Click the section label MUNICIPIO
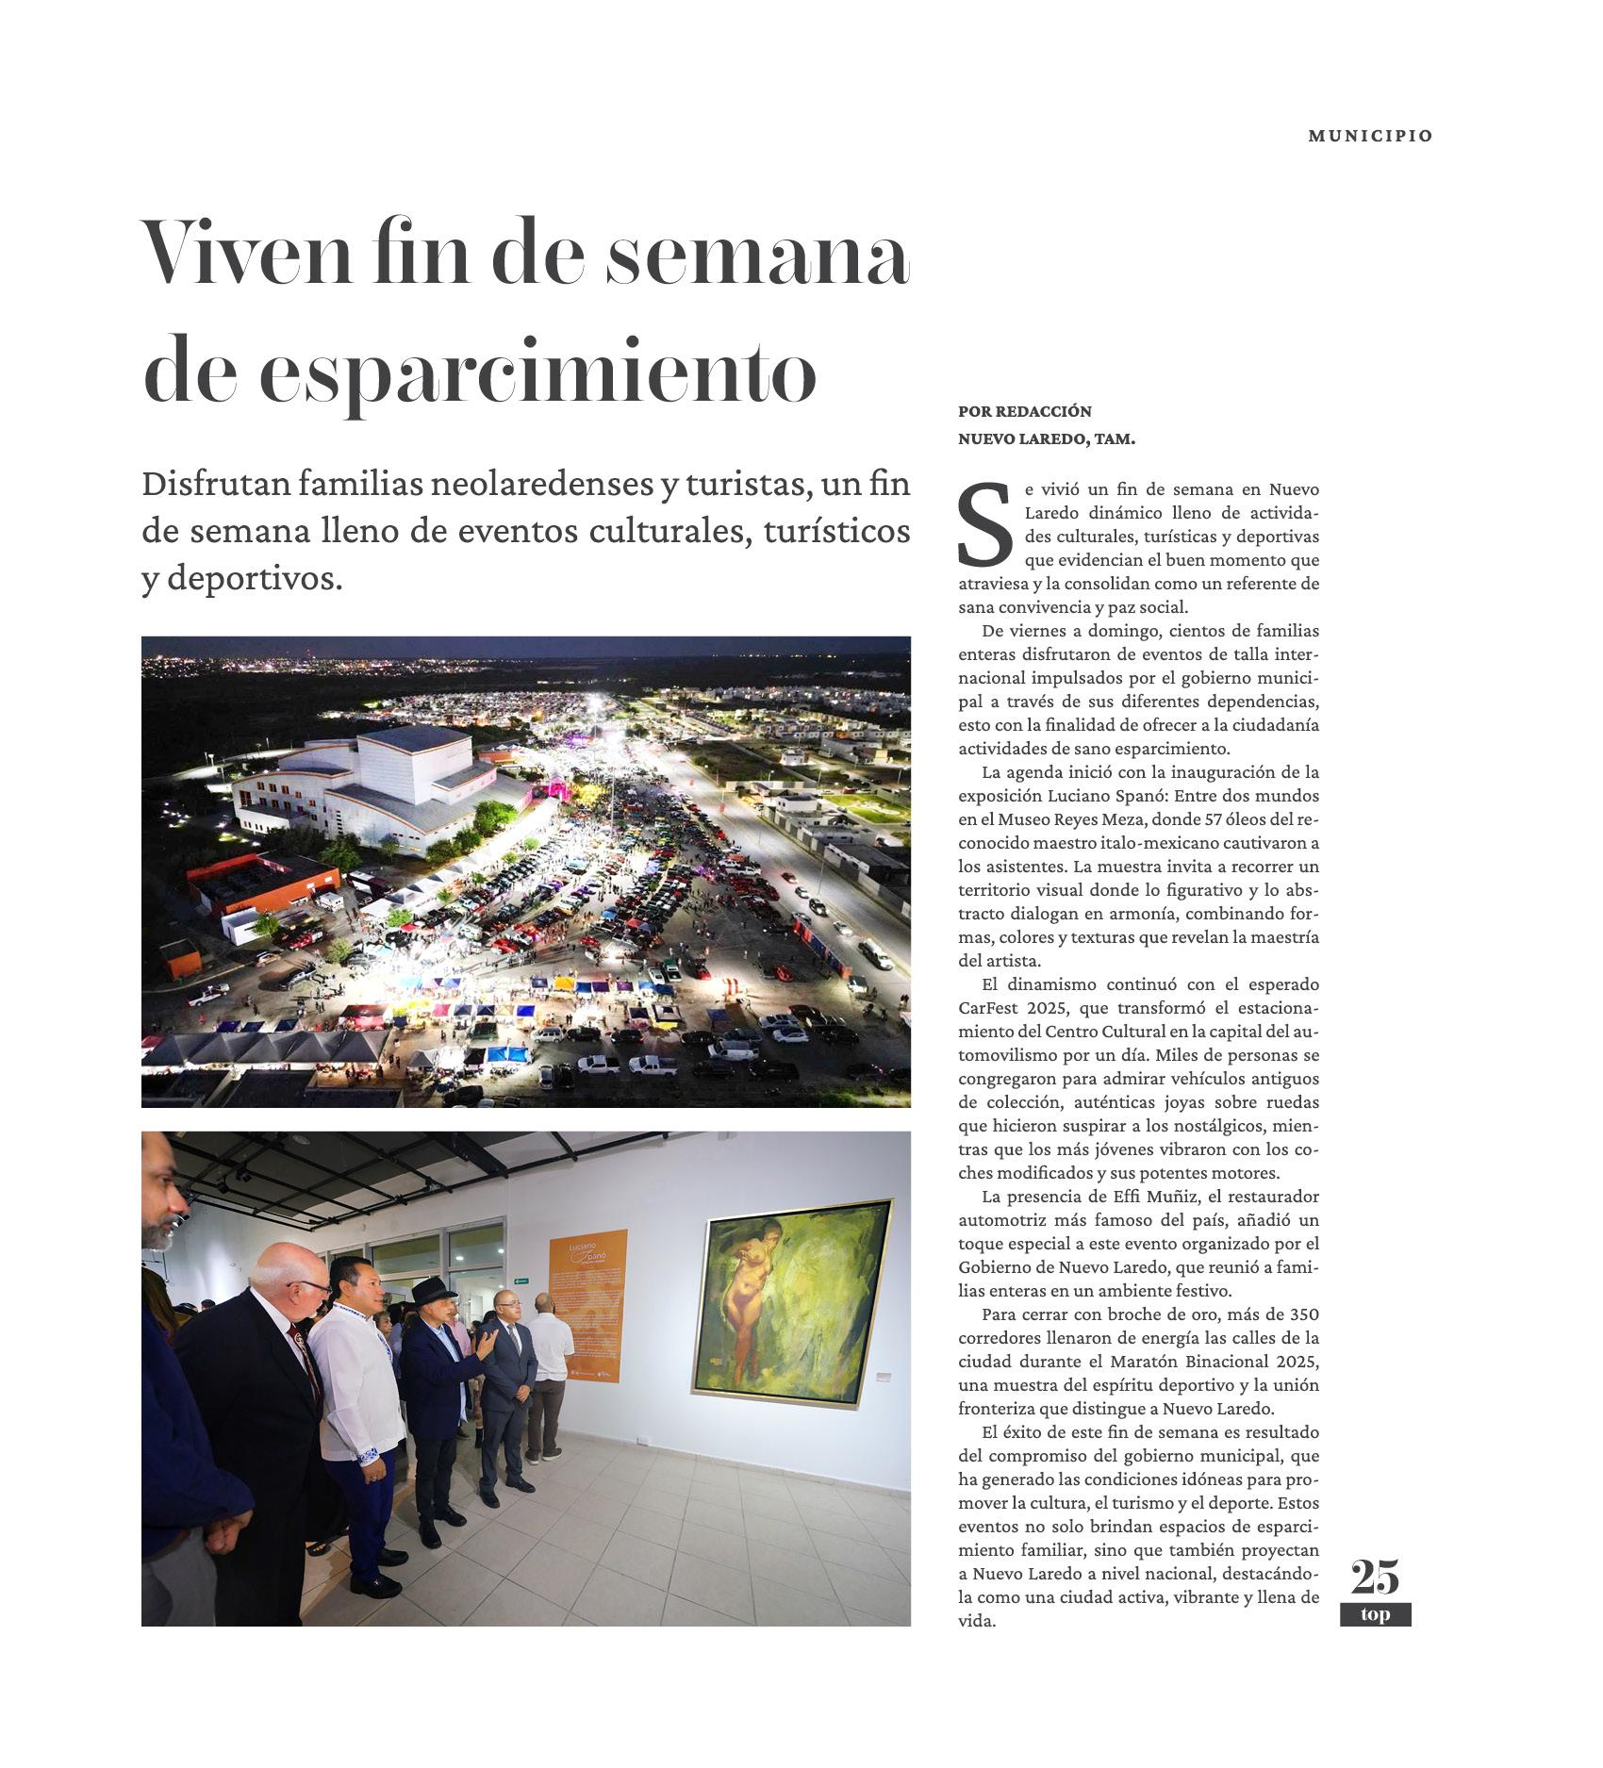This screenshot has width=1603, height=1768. tap(1369, 136)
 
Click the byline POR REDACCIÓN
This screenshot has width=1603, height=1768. tap(1024, 411)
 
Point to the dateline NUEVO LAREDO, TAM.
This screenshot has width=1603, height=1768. tap(1046, 438)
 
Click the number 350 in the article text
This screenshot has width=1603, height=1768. tap(1302, 1314)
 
